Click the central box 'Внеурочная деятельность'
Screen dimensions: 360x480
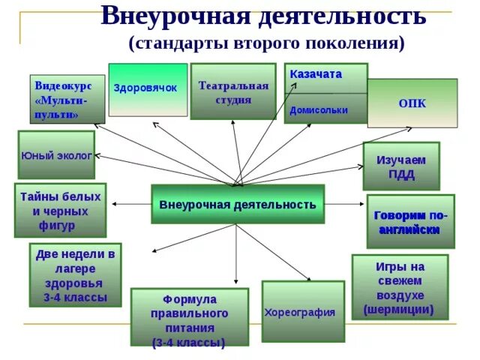click(x=238, y=204)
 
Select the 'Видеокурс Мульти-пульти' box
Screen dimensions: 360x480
click(x=67, y=99)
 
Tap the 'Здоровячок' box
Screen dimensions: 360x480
click(x=148, y=89)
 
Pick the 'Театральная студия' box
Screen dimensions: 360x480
click(x=233, y=91)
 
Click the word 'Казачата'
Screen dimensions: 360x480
click(x=316, y=74)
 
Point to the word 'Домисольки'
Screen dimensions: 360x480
click(x=319, y=109)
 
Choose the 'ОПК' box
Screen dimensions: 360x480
click(x=412, y=103)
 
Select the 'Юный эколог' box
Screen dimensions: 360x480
click(x=56, y=155)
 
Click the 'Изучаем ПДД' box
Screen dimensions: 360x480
click(x=400, y=166)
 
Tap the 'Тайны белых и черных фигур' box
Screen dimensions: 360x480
click(x=60, y=210)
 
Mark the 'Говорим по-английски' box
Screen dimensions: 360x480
click(x=410, y=222)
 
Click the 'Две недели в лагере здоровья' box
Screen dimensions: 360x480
click(x=75, y=275)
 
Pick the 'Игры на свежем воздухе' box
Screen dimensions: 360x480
click(x=399, y=287)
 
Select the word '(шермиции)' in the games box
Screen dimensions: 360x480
click(x=399, y=309)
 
